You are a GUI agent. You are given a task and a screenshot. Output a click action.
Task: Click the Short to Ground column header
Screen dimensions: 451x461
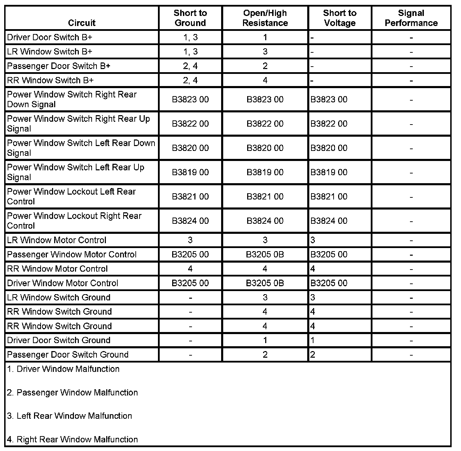pyautogui.click(x=190, y=18)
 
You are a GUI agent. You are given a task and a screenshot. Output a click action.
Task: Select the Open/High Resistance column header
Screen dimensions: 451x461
pyautogui.click(x=265, y=18)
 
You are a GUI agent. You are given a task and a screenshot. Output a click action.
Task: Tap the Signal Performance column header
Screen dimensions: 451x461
pyautogui.click(x=411, y=18)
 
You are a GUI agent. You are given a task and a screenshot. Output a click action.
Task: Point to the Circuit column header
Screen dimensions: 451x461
pyautogui.click(x=82, y=23)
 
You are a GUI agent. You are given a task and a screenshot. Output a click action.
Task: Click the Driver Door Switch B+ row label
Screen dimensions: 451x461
pyautogui.click(x=50, y=37)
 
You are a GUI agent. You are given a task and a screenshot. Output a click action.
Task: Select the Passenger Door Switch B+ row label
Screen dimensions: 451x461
pyautogui.click(x=58, y=66)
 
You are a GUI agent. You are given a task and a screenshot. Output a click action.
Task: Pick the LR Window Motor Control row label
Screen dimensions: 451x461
pyautogui.click(x=57, y=240)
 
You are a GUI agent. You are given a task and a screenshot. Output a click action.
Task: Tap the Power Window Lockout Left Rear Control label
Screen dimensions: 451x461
pyautogui.click(x=71, y=196)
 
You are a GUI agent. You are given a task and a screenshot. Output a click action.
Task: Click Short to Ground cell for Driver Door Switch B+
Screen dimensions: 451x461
pyautogui.click(x=190, y=37)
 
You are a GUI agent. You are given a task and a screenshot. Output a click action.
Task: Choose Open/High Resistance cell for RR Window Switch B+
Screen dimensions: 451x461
pyautogui.click(x=265, y=80)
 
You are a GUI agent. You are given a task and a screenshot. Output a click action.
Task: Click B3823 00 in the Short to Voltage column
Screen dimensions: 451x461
pyautogui.click(x=329, y=100)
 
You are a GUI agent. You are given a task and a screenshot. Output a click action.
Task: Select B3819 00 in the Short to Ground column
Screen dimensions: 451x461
pyautogui.click(x=190, y=172)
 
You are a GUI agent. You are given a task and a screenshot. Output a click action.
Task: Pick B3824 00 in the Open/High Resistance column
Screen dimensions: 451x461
pyautogui.click(x=265, y=221)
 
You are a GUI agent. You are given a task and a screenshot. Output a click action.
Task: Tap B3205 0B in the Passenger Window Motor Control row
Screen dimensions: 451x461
pyautogui.click(x=265, y=254)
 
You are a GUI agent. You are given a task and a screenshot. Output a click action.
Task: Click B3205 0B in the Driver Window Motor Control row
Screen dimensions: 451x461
pyautogui.click(x=265, y=283)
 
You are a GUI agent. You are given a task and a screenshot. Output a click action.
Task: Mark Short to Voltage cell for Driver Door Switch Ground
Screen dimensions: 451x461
pyautogui.click(x=313, y=340)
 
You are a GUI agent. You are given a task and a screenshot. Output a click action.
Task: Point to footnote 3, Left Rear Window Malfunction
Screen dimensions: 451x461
pyautogui.click(x=69, y=416)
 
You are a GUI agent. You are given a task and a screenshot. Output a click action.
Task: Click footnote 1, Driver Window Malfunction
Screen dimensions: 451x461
pyautogui.click(x=63, y=369)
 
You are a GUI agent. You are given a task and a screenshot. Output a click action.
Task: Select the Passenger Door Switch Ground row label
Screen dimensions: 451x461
pyautogui.click(x=68, y=355)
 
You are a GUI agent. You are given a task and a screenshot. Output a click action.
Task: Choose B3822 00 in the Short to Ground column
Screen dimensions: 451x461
pyautogui.click(x=190, y=124)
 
